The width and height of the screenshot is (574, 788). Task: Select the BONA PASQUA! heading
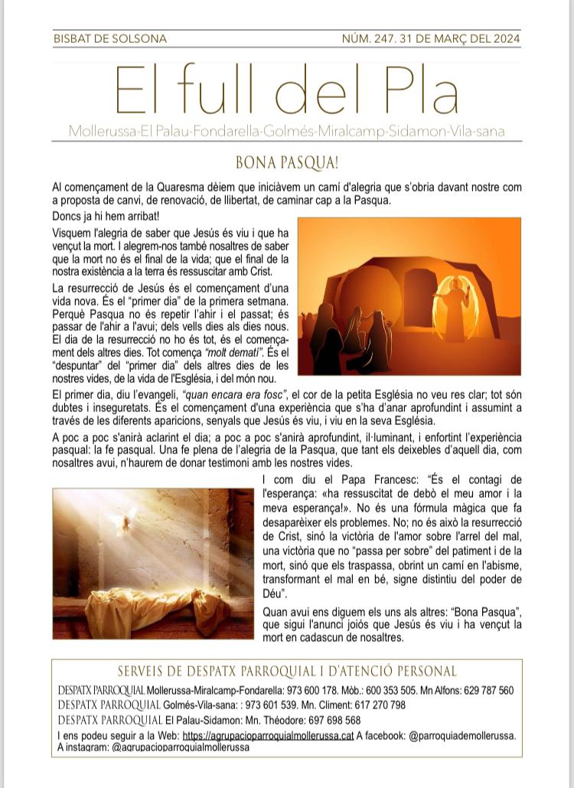(x=287, y=163)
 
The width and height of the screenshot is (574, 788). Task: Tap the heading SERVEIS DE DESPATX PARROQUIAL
(x=287, y=672)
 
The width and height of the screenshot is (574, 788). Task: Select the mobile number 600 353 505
(x=403, y=691)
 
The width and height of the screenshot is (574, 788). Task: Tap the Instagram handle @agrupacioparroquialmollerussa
(x=180, y=747)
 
